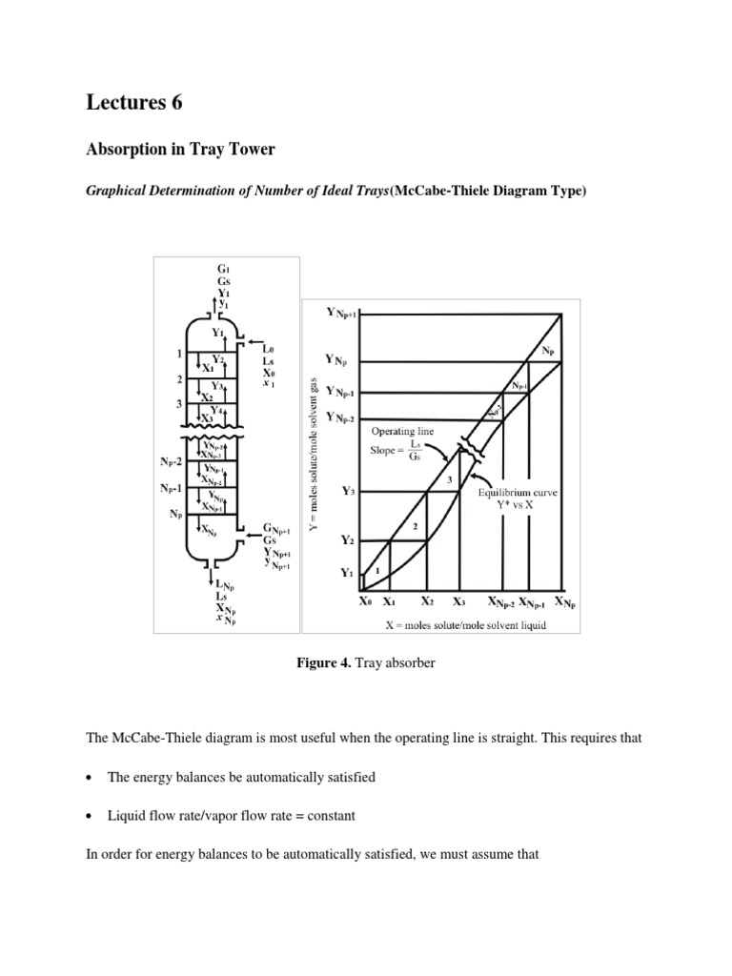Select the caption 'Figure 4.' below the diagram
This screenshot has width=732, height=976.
[324, 662]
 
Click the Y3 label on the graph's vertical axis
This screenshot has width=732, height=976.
[350, 492]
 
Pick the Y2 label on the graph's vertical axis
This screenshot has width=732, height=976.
[350, 539]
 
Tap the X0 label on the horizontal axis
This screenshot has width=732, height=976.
[366, 602]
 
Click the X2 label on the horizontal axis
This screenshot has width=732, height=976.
[427, 602]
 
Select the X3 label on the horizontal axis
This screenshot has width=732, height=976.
[459, 602]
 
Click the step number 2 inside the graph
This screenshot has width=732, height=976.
[415, 525]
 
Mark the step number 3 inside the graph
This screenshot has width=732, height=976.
[449, 480]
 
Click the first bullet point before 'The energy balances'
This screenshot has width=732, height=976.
[90, 778]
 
